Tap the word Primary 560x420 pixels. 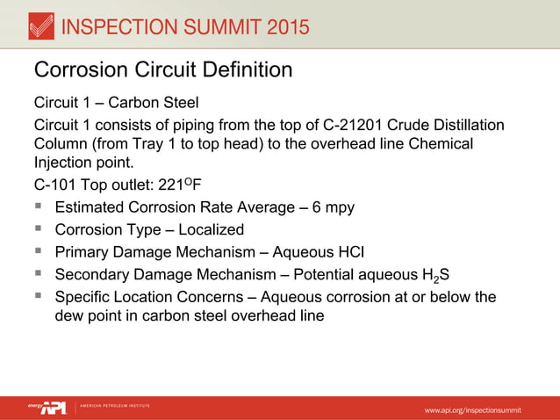coord(83,252)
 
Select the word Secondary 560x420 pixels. coord(93,275)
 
